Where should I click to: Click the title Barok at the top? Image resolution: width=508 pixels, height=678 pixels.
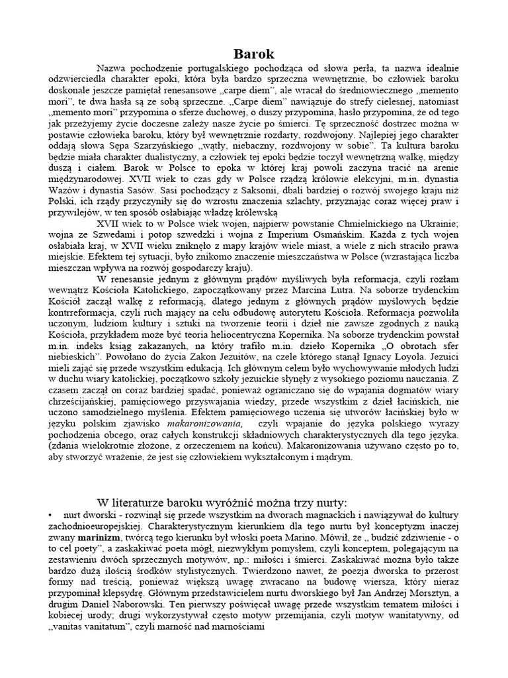(255, 54)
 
